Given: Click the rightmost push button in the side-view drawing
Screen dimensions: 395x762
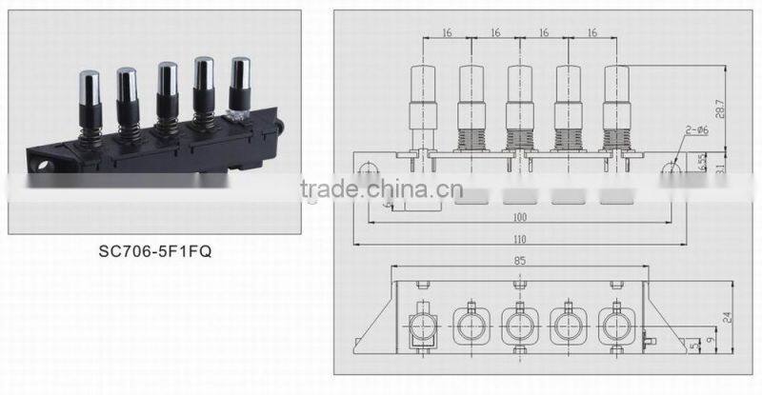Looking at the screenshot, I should [615, 95].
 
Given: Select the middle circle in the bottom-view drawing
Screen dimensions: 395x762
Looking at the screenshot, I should [518, 325].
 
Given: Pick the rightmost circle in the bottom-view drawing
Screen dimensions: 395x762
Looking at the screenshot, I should [614, 325].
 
